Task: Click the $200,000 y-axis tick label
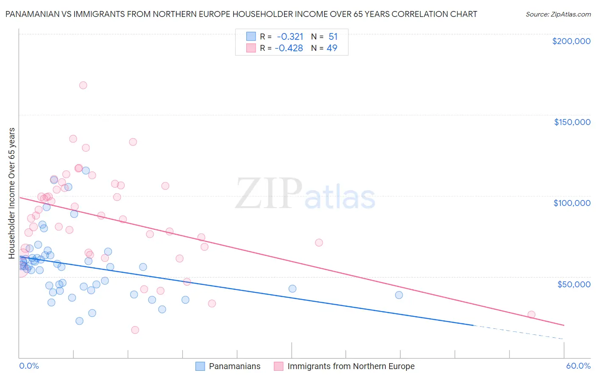[x=571, y=41]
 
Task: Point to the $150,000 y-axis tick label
[x=572, y=122]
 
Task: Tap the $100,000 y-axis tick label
[x=572, y=203]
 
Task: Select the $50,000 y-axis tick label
[x=574, y=284]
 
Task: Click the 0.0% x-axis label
[x=29, y=366]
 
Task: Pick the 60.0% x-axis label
[x=578, y=366]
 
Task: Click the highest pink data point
[x=83, y=85]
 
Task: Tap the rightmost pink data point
[x=531, y=314]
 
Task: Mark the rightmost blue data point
[x=399, y=295]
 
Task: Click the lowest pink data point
[x=135, y=330]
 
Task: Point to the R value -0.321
[x=290, y=37]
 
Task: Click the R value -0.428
[x=289, y=48]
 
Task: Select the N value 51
[x=333, y=37]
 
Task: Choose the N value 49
[x=332, y=48]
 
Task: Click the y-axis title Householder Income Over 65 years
[x=11, y=193]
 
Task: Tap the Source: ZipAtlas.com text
[x=558, y=14]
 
